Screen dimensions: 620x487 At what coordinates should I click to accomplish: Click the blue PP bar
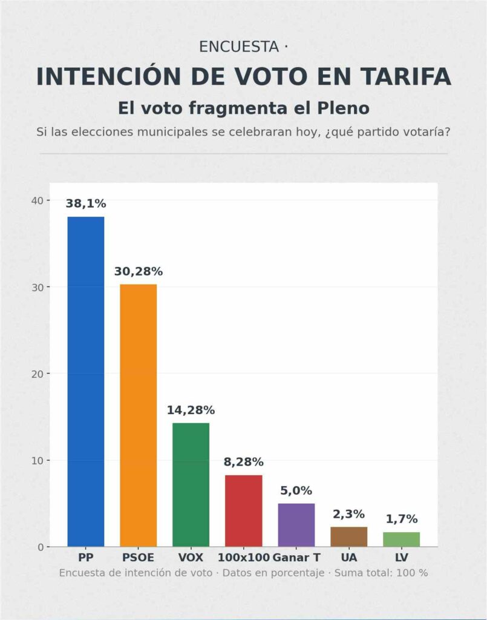coord(86,381)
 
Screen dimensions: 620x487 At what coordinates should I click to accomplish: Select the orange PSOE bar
coord(139,415)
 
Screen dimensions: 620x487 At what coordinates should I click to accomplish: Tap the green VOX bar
coord(191,484)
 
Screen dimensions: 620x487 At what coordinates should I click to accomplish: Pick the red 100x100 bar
coord(243,510)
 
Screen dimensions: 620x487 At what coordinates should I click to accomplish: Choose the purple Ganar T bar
coord(296,525)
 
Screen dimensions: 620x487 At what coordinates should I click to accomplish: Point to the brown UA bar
coord(348,536)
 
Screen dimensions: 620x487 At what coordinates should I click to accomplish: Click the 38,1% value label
coord(86,204)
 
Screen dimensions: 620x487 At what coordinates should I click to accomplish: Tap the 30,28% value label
coord(139,272)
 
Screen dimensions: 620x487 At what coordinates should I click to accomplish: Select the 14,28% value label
coord(191,411)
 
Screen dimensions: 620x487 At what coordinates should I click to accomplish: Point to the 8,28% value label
coord(243,463)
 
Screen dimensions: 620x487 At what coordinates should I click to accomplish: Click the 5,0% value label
coord(296,491)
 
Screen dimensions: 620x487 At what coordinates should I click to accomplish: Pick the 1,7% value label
coord(401,519)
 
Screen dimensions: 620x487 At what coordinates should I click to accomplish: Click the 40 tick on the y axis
coord(37,200)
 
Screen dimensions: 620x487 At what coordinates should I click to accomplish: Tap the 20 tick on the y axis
coord(37,374)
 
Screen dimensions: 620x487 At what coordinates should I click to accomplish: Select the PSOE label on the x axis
coord(139,557)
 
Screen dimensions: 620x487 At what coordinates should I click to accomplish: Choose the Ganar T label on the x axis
coord(296,557)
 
